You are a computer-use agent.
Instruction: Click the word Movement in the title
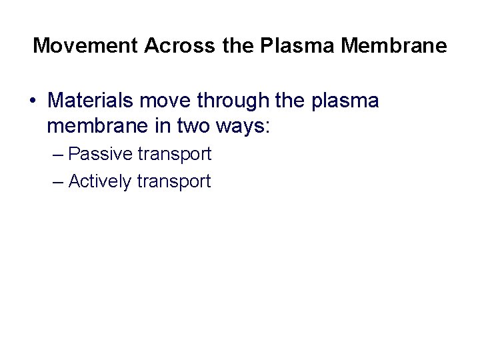point(85,46)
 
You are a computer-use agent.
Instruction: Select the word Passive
point(101,154)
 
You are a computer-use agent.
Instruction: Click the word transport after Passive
point(175,154)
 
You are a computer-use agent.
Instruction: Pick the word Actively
point(100,181)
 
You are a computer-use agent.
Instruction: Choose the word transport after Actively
point(174,181)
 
